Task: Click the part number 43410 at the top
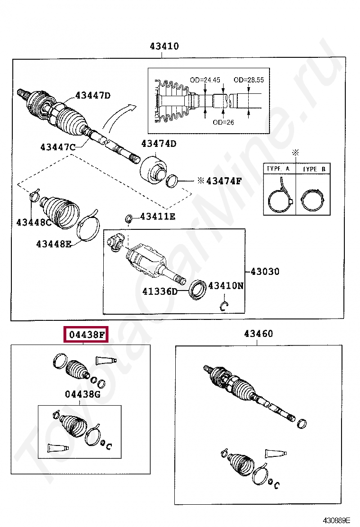[x=164, y=46]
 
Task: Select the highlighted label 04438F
[x=87, y=335]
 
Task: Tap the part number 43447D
[x=92, y=96]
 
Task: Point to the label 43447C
[x=57, y=147]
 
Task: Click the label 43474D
[x=158, y=144]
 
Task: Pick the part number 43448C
[x=34, y=221]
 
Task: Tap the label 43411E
[x=157, y=217]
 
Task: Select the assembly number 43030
[x=265, y=272]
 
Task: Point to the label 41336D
[x=160, y=291]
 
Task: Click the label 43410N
[x=226, y=285]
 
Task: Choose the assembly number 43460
[x=258, y=334]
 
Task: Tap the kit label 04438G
[x=82, y=394]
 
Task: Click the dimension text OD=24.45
[x=205, y=80]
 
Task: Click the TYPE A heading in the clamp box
[x=279, y=169]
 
